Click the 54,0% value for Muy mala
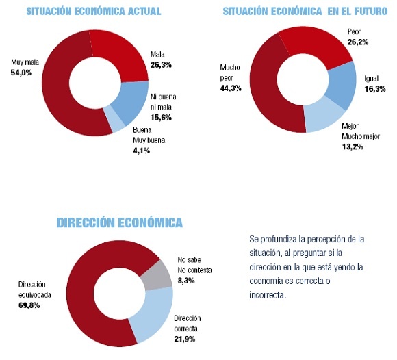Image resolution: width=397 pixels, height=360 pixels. point(21,73)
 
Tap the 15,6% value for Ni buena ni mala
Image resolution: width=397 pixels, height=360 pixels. point(161,118)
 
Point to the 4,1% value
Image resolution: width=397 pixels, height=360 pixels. point(142,151)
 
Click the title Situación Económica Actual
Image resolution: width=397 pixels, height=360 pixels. point(94,12)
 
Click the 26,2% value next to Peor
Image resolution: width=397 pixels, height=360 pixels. point(358,42)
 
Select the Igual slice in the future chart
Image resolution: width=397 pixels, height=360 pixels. point(342,86)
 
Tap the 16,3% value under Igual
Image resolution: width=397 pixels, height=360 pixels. point(375,89)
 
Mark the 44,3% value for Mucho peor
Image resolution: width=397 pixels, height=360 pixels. point(231,88)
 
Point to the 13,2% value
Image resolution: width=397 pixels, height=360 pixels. point(353,147)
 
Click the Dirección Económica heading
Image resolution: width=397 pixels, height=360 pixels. point(120,222)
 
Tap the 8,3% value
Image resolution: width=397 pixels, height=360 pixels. point(186,281)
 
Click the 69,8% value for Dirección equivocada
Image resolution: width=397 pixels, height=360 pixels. point(29,305)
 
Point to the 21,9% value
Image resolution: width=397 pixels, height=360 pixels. point(185,339)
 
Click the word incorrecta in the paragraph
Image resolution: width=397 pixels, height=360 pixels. point(268,295)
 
